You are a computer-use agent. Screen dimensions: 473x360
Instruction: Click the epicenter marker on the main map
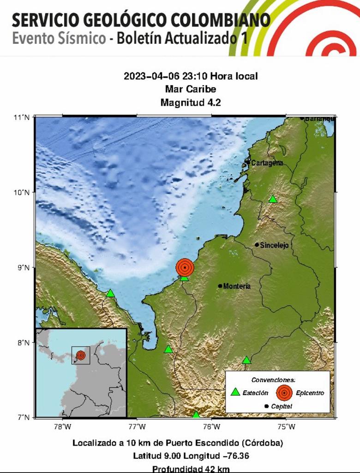tap(185, 267)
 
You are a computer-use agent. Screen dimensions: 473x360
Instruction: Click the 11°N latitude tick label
tap(21, 117)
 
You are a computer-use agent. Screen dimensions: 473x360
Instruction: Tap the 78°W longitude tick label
tap(62, 426)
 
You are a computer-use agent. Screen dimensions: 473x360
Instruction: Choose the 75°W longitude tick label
tap(287, 426)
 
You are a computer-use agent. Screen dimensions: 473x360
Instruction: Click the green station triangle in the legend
tap(235, 392)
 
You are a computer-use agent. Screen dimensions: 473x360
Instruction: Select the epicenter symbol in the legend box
tap(284, 393)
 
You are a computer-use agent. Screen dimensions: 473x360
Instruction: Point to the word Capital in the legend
tap(282, 406)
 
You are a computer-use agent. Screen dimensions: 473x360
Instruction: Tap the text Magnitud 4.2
tap(191, 103)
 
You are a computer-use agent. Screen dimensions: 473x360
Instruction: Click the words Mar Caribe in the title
tap(190, 89)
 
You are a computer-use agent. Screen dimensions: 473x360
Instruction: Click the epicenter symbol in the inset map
tap(81, 355)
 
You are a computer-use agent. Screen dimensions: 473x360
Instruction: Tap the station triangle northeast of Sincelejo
tap(273, 199)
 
